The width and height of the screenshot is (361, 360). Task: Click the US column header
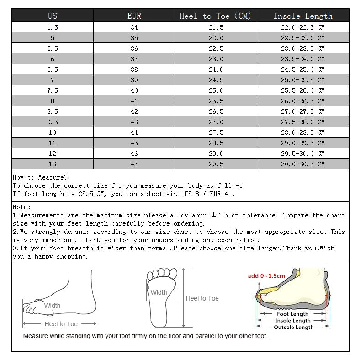tap(53, 16)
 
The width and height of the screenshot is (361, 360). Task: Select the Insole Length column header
tap(303, 16)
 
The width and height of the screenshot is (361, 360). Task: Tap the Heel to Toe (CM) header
tap(216, 16)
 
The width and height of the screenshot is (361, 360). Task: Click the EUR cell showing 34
tap(134, 27)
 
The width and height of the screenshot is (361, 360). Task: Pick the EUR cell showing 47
tap(134, 164)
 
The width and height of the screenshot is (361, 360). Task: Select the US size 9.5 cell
tap(53, 122)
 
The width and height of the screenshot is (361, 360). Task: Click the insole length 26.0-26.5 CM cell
tap(303, 101)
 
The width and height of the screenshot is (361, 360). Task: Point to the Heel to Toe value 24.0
tap(216, 69)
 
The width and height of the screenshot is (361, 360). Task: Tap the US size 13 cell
tap(53, 164)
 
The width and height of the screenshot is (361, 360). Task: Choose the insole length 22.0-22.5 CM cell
tap(303, 27)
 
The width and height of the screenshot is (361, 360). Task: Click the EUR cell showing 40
tap(134, 90)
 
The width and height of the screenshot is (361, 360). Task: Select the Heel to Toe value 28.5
tap(216, 143)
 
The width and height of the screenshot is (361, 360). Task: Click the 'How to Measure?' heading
tap(40, 177)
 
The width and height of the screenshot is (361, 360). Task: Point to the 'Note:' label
tap(22, 207)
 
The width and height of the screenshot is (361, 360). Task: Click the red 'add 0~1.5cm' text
tap(266, 275)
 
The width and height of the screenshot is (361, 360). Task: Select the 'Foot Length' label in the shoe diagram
tap(293, 314)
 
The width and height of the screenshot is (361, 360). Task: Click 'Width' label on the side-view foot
tap(52, 306)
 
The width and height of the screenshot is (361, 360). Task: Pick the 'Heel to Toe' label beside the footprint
tap(202, 298)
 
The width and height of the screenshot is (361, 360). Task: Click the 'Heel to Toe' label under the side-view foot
tap(61, 324)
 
